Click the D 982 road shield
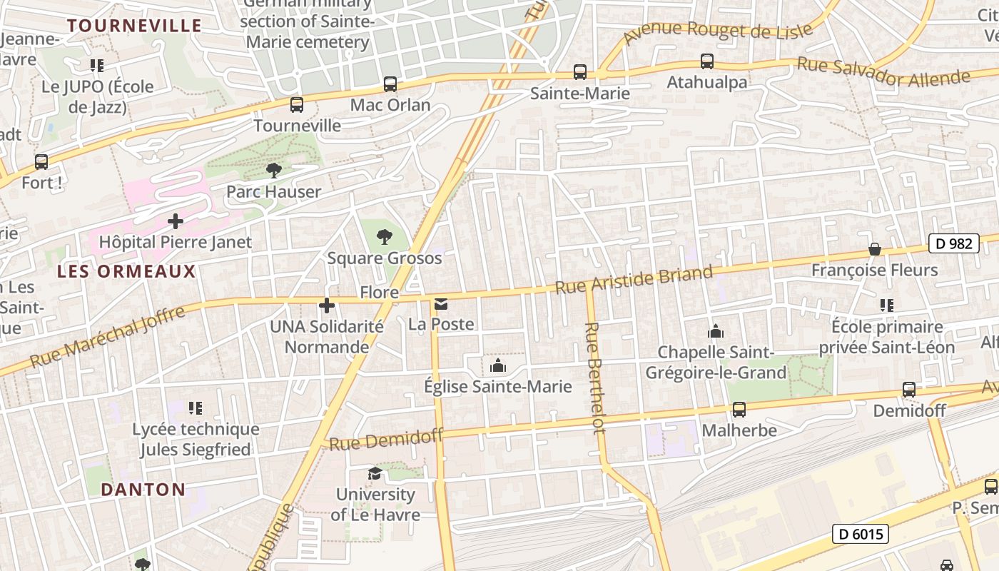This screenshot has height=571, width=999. pyautogui.click(x=953, y=243)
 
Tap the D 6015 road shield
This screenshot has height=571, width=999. pyautogui.click(x=860, y=533)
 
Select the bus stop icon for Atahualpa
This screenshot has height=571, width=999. pyautogui.click(x=706, y=61)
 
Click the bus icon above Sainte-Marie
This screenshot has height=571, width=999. pyautogui.click(x=580, y=72)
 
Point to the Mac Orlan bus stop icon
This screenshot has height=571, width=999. pyautogui.click(x=390, y=84)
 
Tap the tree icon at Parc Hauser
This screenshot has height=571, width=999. pyautogui.click(x=273, y=170)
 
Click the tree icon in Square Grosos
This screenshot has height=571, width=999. pyautogui.click(x=384, y=236)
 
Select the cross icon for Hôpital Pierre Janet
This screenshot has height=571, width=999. pyautogui.click(x=175, y=221)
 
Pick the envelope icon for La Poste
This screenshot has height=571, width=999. pyautogui.click(x=441, y=305)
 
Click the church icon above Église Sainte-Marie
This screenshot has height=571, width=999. pyautogui.click(x=498, y=366)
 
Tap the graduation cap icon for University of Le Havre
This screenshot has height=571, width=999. pyautogui.click(x=375, y=473)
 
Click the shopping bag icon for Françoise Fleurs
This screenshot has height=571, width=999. pyautogui.click(x=874, y=249)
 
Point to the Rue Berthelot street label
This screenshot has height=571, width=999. pyautogui.click(x=595, y=377)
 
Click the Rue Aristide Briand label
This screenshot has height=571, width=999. pyautogui.click(x=634, y=279)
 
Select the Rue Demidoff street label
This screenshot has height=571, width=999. pyautogui.click(x=386, y=439)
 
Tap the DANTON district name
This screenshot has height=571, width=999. pyautogui.click(x=143, y=490)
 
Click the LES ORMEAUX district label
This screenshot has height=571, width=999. pyautogui.click(x=126, y=271)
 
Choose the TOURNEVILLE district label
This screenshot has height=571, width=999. pyautogui.click(x=134, y=26)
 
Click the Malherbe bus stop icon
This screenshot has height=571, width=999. pyautogui.click(x=739, y=410)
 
